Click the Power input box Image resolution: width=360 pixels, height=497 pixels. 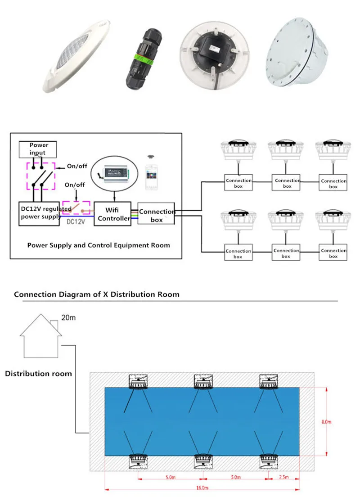pyautogui.click(x=39, y=148)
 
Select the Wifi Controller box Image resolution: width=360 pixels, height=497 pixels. pyautogui.click(x=112, y=214)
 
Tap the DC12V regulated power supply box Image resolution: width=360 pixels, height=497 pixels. pyautogui.click(x=39, y=213)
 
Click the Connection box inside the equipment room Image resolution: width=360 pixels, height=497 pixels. pyautogui.click(x=156, y=215)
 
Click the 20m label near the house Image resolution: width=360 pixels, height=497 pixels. pyautogui.click(x=69, y=318)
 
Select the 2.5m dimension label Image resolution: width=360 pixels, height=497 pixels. pyautogui.click(x=283, y=477)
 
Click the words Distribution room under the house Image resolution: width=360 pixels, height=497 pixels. pyautogui.click(x=38, y=374)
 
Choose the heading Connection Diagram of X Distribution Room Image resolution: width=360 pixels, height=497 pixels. pyautogui.click(x=97, y=294)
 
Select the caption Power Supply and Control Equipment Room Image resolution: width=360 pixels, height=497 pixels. pyautogui.click(x=98, y=245)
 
